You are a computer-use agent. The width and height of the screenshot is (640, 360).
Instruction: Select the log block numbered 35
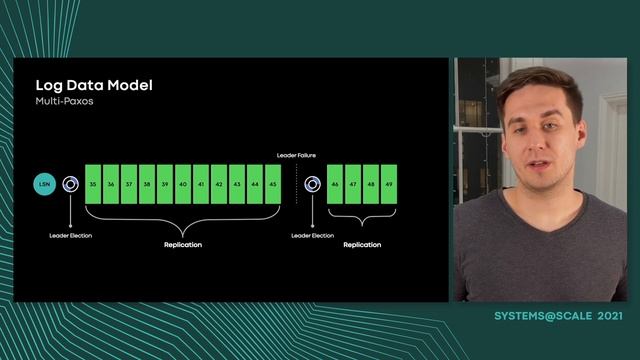[93, 185]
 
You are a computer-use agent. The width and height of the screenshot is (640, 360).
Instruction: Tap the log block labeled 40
[183, 185]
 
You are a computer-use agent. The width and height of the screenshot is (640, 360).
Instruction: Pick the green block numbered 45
[273, 185]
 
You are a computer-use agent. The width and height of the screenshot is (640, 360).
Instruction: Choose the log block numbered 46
[334, 185]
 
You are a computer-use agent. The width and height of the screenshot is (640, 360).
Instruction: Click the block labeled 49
[388, 185]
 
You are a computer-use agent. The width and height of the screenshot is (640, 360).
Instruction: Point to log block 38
[147, 185]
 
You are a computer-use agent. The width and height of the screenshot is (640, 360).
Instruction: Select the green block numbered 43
[237, 185]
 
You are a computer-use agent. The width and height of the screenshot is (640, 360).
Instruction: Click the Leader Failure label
[296, 155]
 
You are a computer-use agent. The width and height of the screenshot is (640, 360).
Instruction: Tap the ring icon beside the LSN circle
[70, 184]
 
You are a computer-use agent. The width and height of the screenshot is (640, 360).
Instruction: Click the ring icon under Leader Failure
[312, 184]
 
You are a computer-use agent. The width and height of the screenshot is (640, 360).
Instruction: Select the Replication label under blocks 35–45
[183, 244]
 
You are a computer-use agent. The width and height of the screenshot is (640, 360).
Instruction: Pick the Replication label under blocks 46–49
[361, 244]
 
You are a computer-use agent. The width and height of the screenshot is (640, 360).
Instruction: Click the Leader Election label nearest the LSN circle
[70, 235]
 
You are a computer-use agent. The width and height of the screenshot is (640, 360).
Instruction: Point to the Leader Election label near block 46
[312, 235]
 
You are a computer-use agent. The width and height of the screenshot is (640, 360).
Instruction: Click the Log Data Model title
[94, 85]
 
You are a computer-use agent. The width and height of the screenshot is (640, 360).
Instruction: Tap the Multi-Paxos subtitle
[64, 101]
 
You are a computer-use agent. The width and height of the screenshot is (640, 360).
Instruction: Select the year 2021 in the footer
[611, 316]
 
